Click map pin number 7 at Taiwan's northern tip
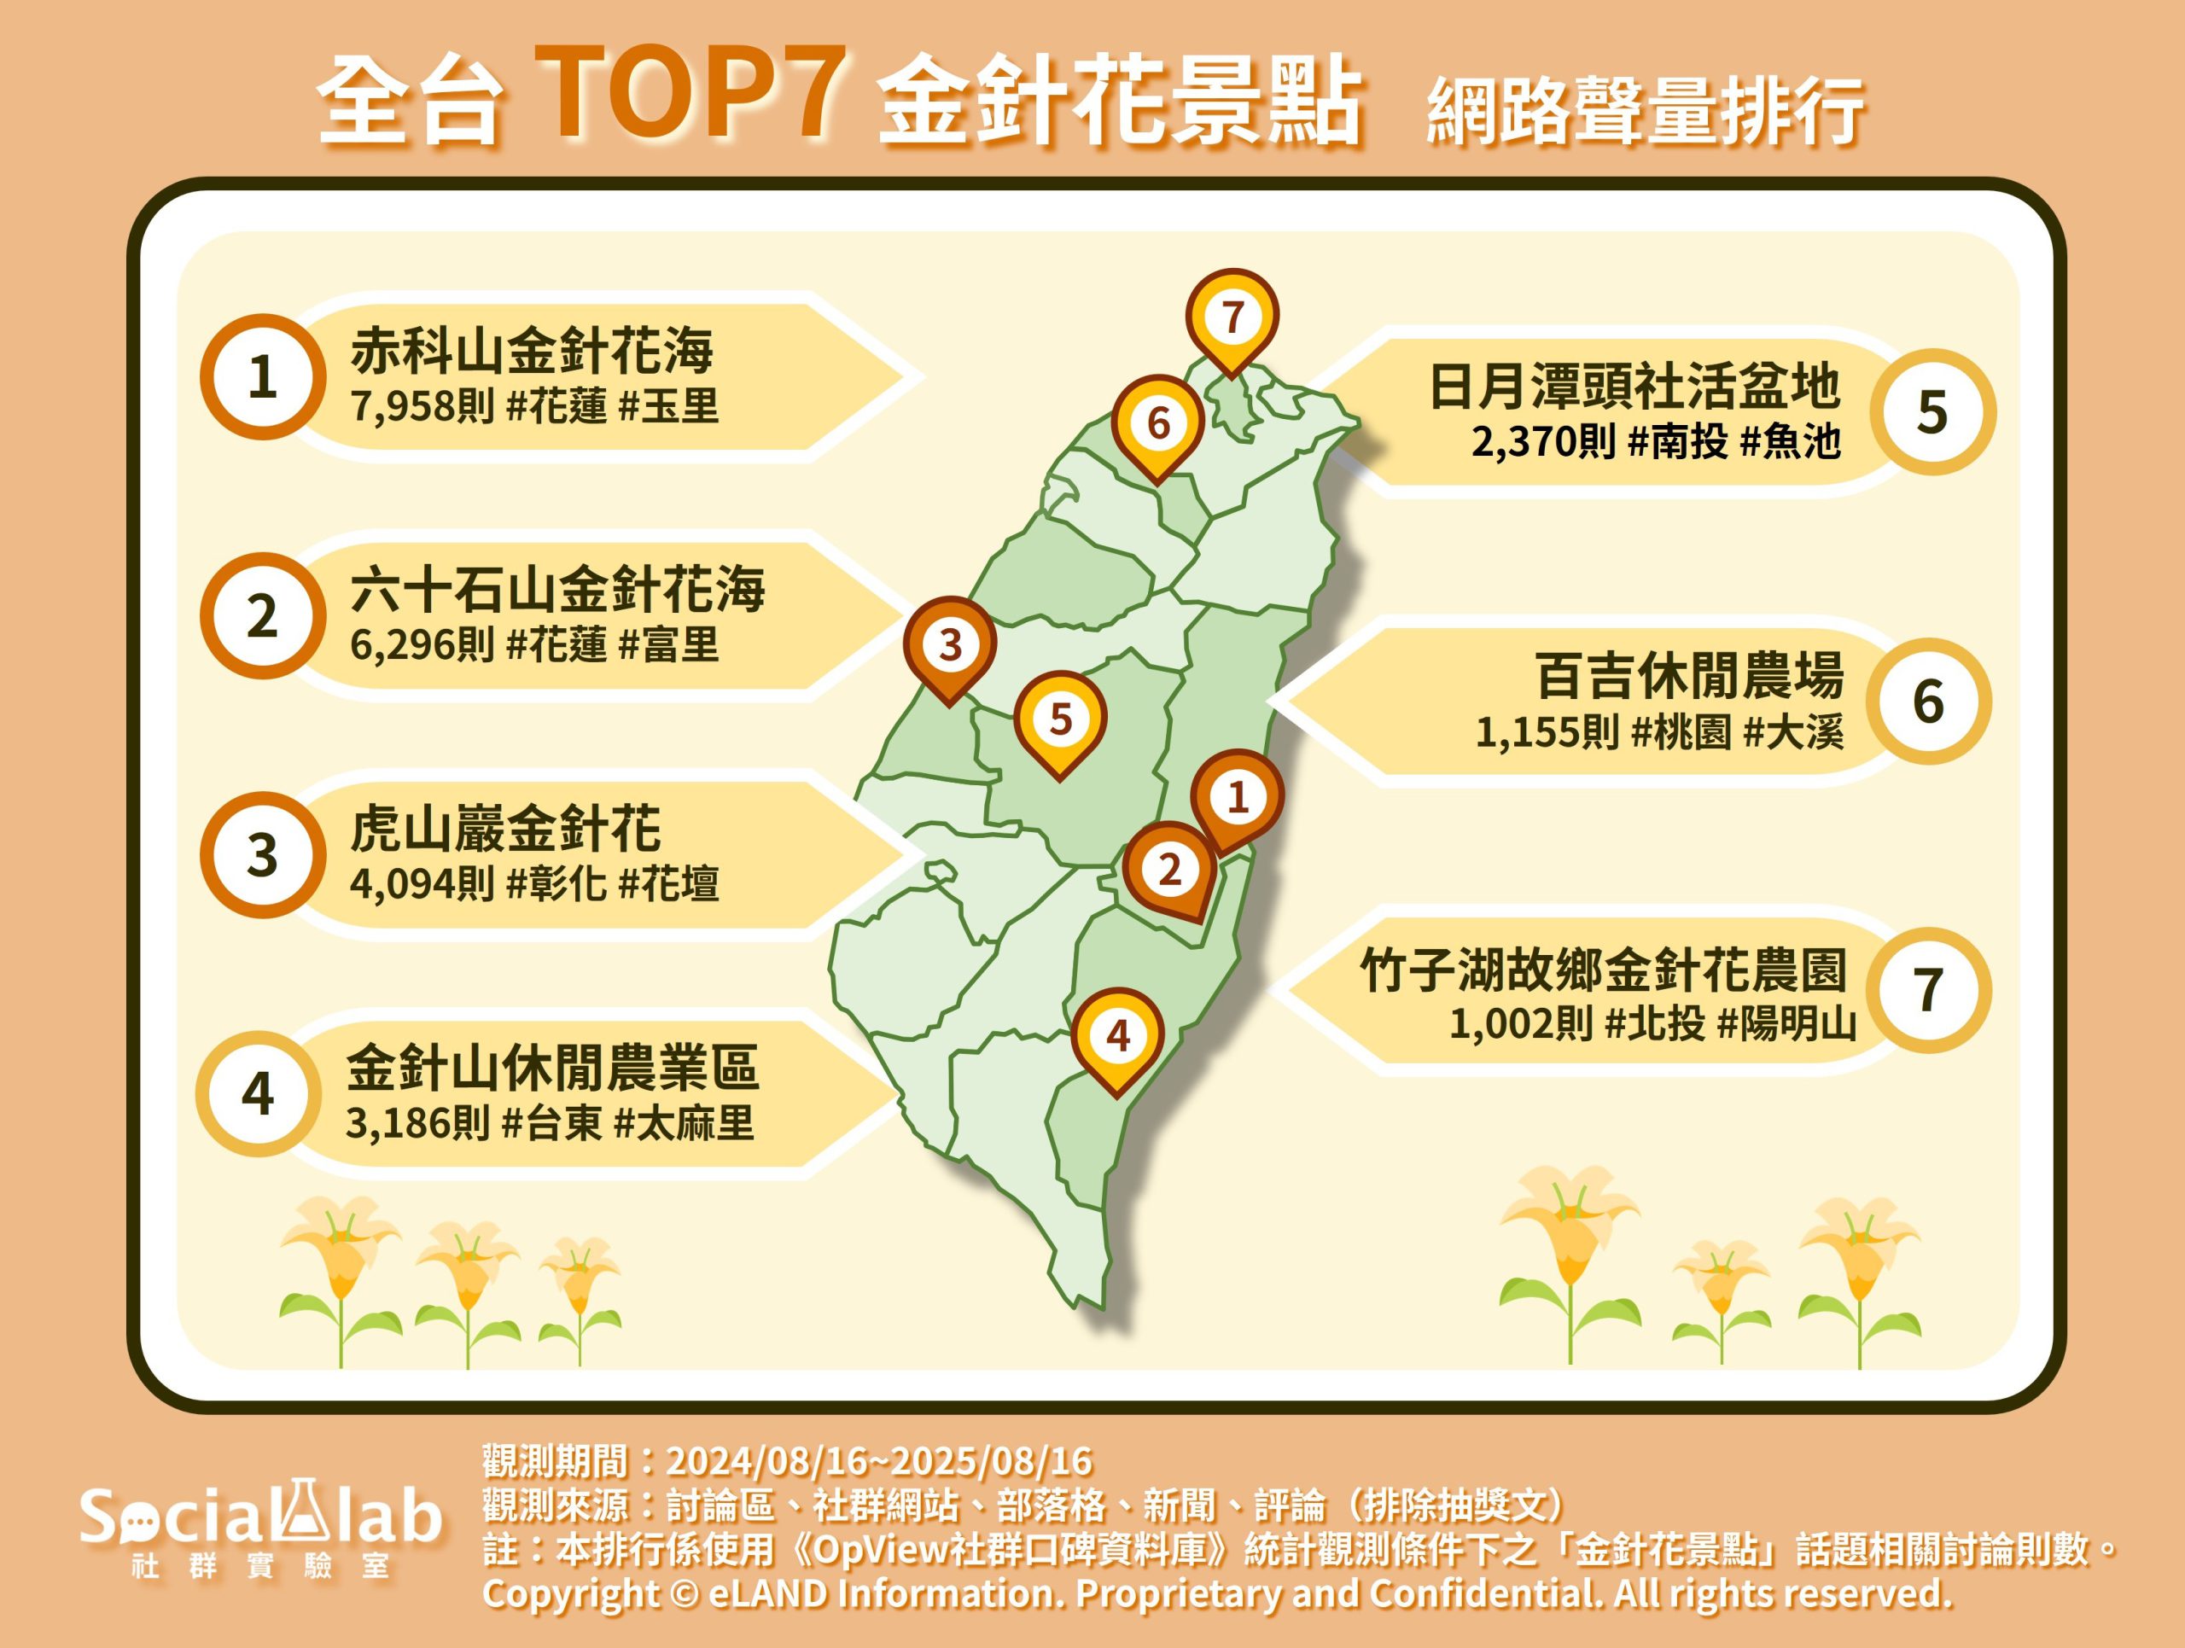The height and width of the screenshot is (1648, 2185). click(x=1232, y=319)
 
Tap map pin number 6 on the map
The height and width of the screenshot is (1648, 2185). click(x=1157, y=425)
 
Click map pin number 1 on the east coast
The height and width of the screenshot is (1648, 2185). click(x=1237, y=798)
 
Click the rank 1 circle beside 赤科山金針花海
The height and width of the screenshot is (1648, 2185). click(x=263, y=377)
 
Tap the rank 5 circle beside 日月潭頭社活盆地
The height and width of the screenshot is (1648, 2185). click(x=1932, y=411)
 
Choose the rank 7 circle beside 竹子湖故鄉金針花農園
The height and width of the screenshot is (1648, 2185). click(x=1928, y=989)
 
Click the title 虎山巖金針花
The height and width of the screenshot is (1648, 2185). click(x=506, y=829)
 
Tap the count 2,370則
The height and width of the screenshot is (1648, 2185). click(x=1544, y=441)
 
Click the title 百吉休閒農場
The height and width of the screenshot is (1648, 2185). click(x=1690, y=675)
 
